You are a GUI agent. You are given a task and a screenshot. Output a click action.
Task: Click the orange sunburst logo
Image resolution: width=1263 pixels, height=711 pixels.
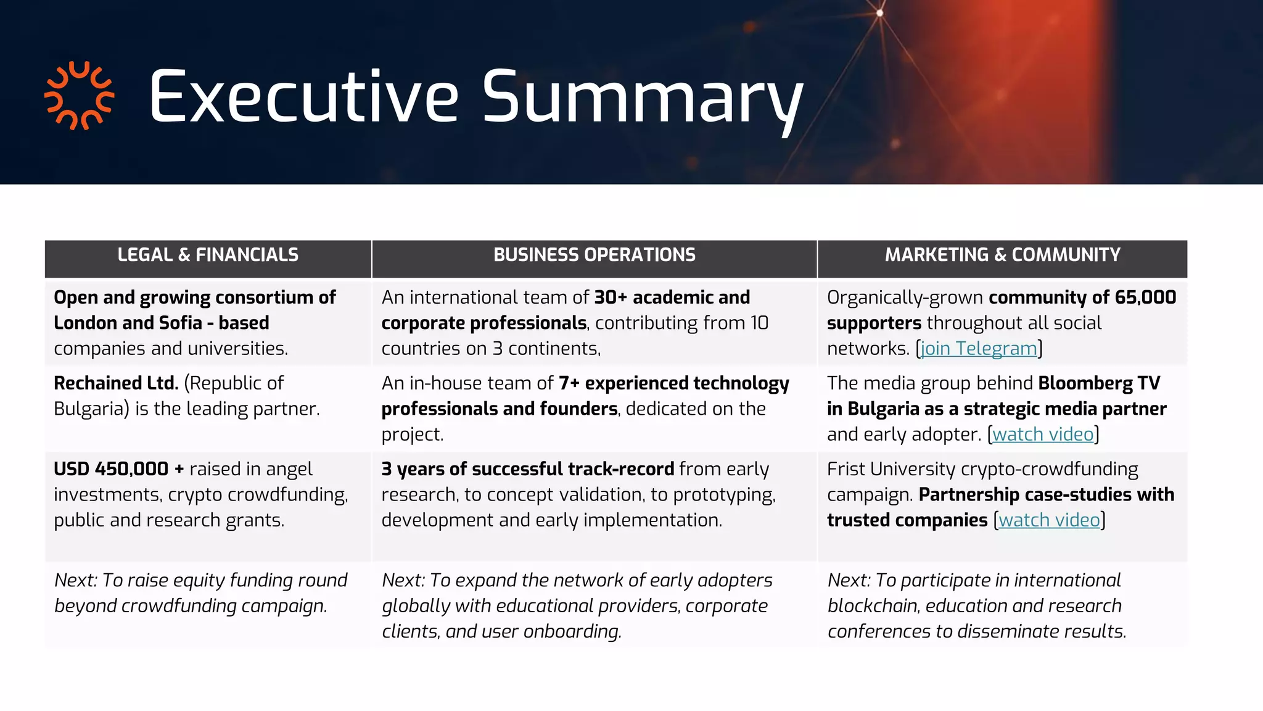point(79,96)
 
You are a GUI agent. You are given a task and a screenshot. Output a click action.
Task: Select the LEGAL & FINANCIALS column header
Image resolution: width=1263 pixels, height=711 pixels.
point(208,255)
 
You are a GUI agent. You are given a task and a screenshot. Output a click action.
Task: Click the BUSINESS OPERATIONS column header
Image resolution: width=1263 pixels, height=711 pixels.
point(594,255)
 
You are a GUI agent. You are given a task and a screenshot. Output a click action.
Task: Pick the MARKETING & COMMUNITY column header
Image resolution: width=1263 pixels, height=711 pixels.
point(1002,255)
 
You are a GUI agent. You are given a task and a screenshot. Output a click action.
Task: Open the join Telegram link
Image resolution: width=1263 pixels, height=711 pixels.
point(979,349)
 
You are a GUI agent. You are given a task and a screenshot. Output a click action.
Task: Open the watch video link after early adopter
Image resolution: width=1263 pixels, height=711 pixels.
point(1043,434)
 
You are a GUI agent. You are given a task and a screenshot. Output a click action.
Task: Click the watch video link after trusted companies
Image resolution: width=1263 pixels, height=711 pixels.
point(1049,520)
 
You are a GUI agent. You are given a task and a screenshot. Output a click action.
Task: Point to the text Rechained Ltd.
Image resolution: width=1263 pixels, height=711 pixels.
point(116,383)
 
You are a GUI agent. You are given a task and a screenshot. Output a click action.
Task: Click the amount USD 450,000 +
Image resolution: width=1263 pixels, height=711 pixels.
point(119,469)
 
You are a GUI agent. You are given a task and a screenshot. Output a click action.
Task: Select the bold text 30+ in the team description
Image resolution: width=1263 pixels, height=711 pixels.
point(610,297)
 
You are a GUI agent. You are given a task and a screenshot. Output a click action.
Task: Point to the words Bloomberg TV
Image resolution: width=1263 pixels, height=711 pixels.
point(1099,383)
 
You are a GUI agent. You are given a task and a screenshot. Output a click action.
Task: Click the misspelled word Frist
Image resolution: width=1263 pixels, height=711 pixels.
point(846,469)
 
